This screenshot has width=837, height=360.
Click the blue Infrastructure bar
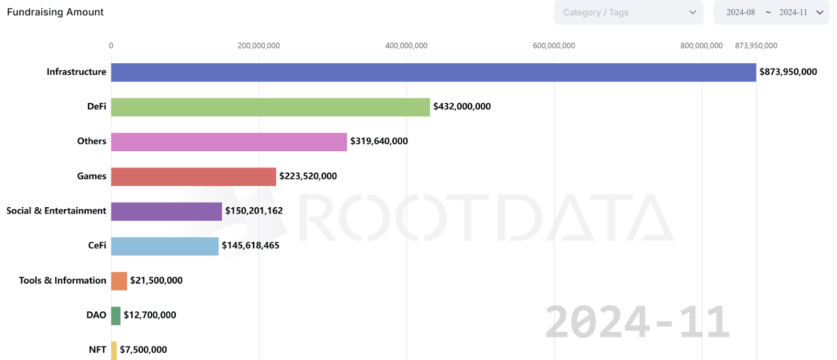[433, 72]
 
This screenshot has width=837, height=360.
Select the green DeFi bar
[270, 107]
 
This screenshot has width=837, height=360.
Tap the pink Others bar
[229, 142]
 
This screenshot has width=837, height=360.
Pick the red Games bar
[193, 176]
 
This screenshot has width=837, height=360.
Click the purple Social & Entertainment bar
[166, 211]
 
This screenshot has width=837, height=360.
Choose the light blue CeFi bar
[164, 246]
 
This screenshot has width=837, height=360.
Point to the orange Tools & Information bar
[119, 281]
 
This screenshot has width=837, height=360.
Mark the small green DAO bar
[116, 316]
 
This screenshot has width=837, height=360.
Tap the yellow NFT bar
[114, 350]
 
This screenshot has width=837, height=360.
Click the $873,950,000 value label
[788, 72]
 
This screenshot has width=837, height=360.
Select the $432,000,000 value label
[462, 106]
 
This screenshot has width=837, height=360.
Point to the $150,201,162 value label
[254, 210]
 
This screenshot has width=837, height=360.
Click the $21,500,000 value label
[156, 280]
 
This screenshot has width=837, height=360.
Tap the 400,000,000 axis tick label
[406, 46]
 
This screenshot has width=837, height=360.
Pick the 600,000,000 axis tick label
[553, 46]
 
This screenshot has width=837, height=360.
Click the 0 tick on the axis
[111, 46]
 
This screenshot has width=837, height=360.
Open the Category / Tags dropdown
[628, 12]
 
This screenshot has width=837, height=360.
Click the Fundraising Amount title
[55, 12]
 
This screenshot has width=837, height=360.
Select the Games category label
[92, 176]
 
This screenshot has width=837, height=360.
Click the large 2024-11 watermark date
[637, 322]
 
